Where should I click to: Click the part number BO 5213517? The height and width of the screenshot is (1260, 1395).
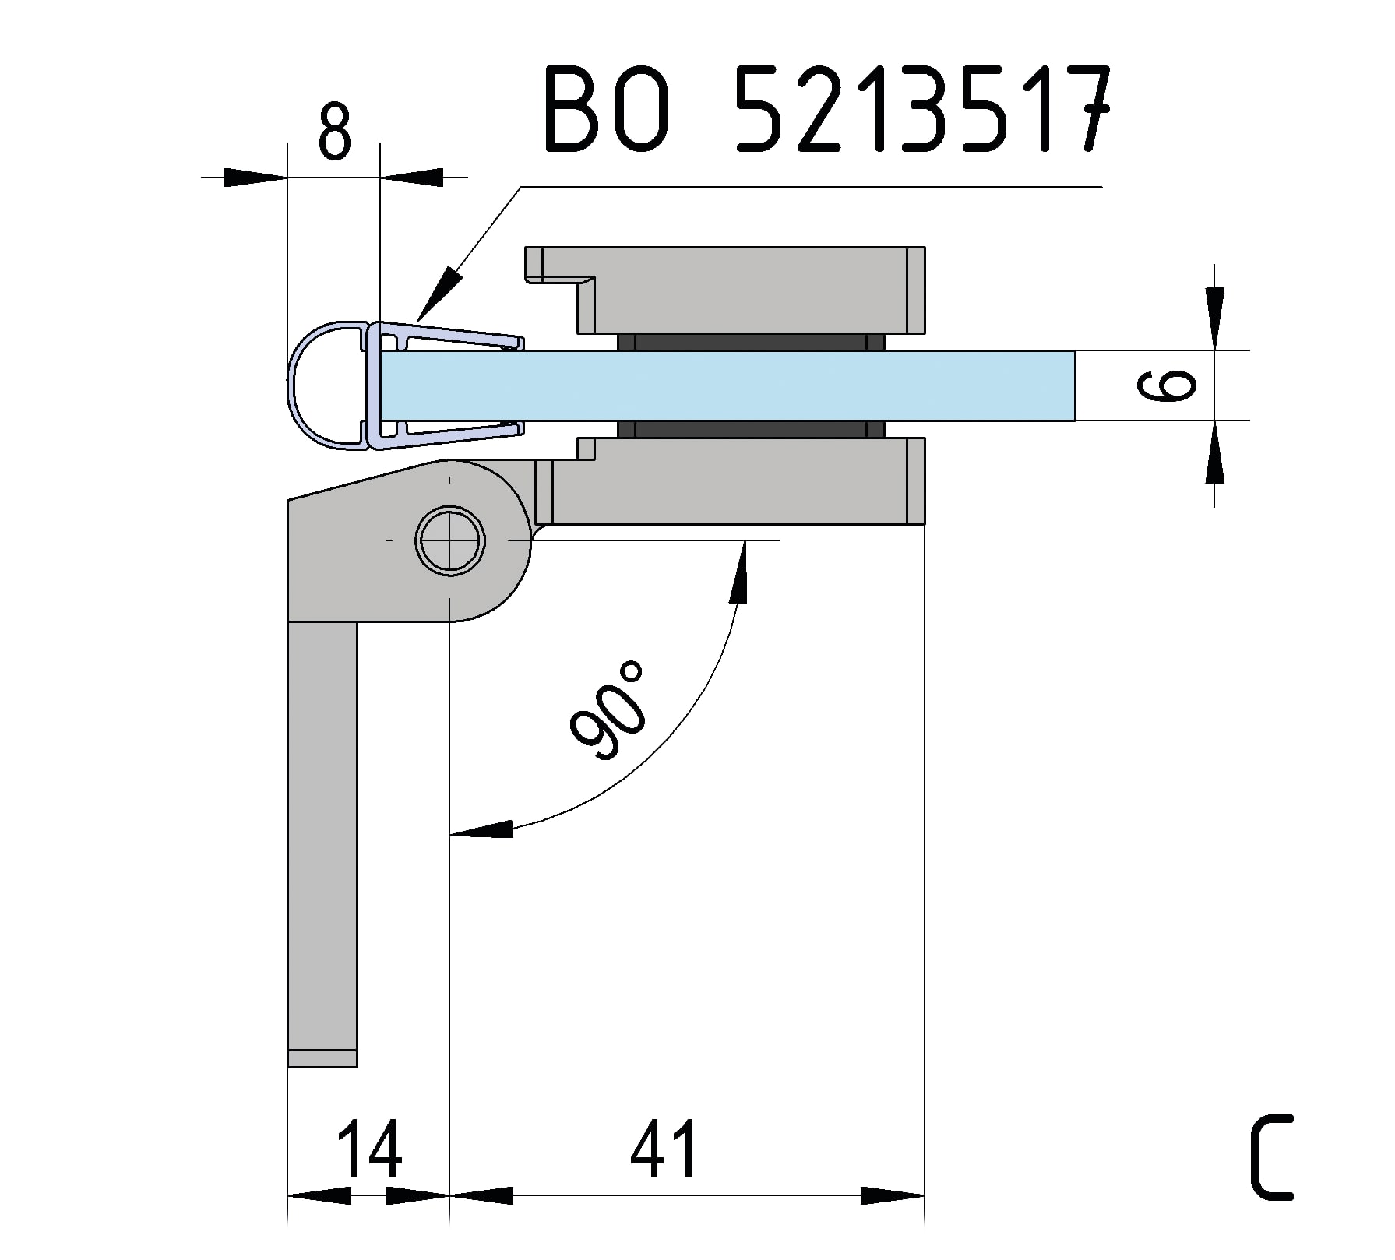click(825, 110)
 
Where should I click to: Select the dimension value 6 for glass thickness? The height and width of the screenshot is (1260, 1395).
click(1166, 385)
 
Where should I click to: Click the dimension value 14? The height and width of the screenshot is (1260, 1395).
click(369, 1149)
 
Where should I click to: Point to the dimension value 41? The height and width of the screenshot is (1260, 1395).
click(664, 1149)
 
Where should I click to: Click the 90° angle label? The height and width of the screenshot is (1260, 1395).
click(608, 710)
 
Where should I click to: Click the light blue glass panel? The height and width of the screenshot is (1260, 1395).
click(727, 385)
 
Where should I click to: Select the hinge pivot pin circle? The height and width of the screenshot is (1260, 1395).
click(450, 540)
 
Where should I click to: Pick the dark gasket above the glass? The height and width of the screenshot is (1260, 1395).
click(751, 342)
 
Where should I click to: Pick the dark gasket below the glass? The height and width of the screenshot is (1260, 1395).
click(751, 429)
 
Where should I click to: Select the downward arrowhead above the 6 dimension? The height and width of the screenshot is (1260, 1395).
click(1214, 319)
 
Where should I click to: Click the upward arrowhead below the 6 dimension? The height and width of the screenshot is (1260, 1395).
click(1214, 452)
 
